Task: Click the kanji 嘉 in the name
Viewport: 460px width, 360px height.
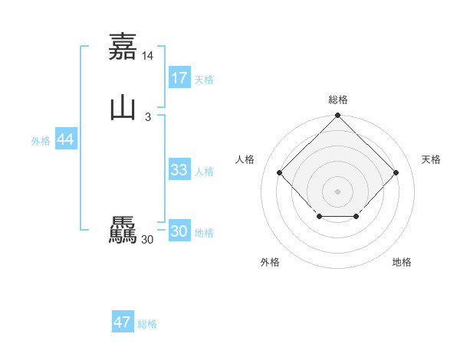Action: point(123,47)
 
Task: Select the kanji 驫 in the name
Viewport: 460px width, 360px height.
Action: point(123,231)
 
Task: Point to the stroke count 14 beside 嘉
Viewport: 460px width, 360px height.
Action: point(148,56)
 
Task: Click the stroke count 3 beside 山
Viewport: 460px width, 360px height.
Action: point(147,117)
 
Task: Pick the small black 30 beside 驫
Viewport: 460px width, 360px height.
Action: point(148,240)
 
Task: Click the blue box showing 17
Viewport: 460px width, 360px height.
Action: point(179,78)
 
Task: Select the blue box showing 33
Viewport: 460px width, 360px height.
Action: point(179,170)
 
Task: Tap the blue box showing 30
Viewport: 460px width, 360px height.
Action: point(179,231)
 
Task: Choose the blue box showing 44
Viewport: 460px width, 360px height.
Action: point(65,139)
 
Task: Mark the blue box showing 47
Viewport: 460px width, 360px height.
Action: point(123,322)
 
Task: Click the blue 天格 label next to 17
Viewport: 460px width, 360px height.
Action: point(204,80)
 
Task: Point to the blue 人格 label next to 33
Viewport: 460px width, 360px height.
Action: point(204,172)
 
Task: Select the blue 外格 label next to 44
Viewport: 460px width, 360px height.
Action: point(41,141)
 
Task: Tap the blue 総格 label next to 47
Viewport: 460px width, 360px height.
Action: point(147,324)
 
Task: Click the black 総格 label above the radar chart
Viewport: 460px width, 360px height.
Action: point(337,100)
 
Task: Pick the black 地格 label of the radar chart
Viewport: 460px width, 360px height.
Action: point(402,263)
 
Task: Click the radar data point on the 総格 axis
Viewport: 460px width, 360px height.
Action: point(337,116)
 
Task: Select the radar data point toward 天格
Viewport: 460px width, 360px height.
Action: point(396,173)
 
